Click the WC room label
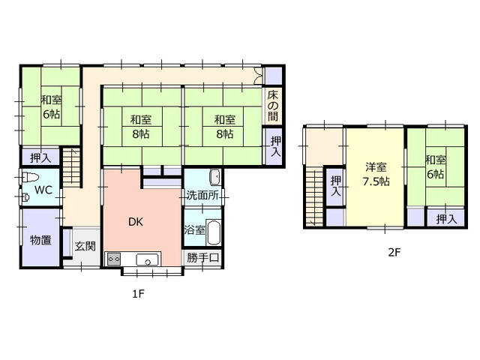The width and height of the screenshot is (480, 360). tap(43, 190)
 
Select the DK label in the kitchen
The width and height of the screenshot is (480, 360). tap(136, 222)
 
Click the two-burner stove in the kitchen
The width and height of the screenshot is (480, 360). tap(114, 259)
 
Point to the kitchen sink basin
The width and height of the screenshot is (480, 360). tap(147, 259)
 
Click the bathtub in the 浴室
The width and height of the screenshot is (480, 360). tap(213, 232)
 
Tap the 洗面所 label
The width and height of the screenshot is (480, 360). tap(202, 195)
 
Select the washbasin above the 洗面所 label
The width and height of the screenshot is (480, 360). tap(215, 177)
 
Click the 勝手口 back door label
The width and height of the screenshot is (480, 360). tap(202, 257)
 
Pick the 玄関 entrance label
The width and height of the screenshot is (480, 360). tap(85, 246)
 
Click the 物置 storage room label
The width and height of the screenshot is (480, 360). tap(40, 240)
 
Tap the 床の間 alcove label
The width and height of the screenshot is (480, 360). tap(273, 106)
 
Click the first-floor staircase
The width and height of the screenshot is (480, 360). tap(72, 167)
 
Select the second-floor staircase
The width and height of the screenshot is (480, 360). tap(314, 198)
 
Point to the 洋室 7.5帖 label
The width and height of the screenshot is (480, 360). tap(376, 174)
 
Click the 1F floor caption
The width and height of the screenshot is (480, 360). tap(138, 294)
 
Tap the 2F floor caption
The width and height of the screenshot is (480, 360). tap(394, 252)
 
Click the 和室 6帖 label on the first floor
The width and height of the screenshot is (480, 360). tap(52, 107)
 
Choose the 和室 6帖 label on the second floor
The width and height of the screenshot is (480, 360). tap(436, 167)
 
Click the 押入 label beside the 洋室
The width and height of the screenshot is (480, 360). tap(336, 186)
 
